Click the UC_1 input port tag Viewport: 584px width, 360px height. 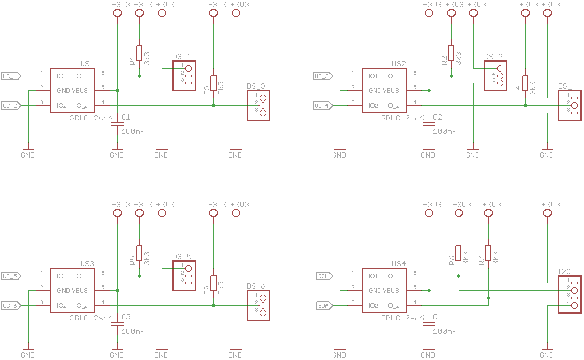(x=11, y=76)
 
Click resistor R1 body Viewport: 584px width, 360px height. (x=139, y=53)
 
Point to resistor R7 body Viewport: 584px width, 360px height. (x=488, y=253)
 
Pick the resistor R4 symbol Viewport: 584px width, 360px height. (x=525, y=83)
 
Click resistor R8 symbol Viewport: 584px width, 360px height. (x=213, y=283)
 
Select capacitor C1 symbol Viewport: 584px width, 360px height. (x=117, y=124)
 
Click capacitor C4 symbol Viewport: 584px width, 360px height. (x=429, y=324)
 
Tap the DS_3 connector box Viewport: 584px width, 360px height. (x=258, y=105)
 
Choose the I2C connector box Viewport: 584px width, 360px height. (x=570, y=294)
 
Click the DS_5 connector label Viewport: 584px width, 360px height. (x=182, y=257)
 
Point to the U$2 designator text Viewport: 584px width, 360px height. (x=399, y=64)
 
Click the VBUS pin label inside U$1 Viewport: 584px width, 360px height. (x=80, y=90)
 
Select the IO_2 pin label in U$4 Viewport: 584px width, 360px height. (x=393, y=306)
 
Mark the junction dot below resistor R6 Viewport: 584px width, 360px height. (x=459, y=276)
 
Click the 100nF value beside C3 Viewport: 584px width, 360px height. (x=133, y=331)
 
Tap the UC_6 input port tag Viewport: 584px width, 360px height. (x=11, y=306)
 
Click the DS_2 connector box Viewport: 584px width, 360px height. (x=496, y=76)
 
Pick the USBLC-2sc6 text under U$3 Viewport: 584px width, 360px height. (x=88, y=318)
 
